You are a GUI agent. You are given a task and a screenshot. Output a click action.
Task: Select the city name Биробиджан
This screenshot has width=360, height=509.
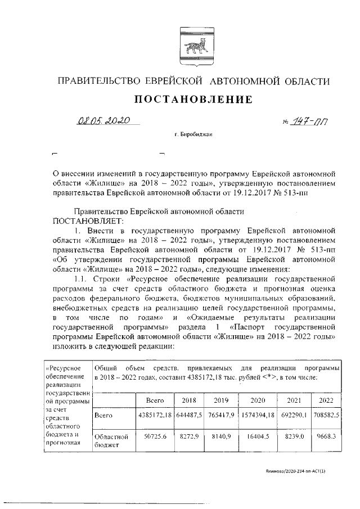point(193,136)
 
